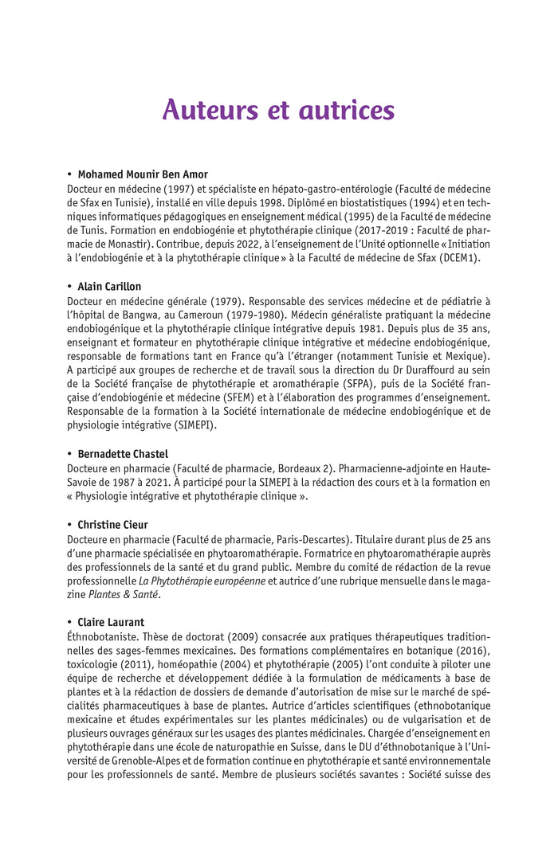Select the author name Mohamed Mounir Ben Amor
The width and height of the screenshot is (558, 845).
point(143,174)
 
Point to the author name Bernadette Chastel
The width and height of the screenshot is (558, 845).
point(123,454)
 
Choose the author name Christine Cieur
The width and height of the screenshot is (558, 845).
point(112,525)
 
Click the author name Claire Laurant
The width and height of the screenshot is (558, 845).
point(111,621)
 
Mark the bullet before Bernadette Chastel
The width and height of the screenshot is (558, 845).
point(70,454)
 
